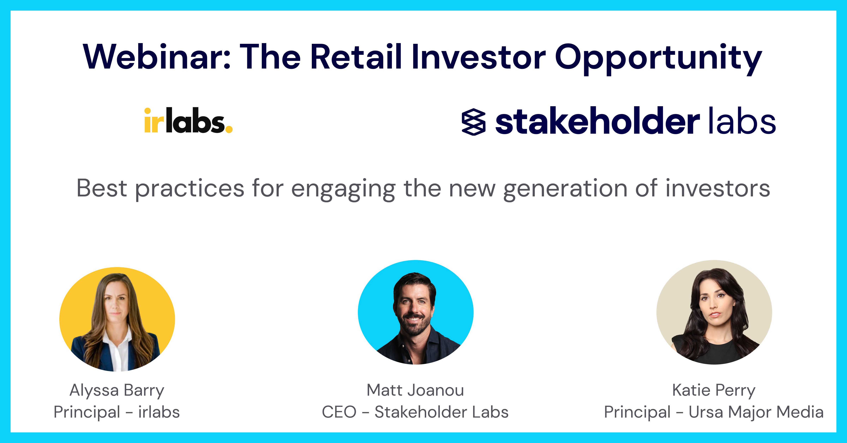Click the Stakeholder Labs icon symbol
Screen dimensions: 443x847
tap(473, 122)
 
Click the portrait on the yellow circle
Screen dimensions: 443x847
tap(117, 319)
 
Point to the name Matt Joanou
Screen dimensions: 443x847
tap(415, 390)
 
